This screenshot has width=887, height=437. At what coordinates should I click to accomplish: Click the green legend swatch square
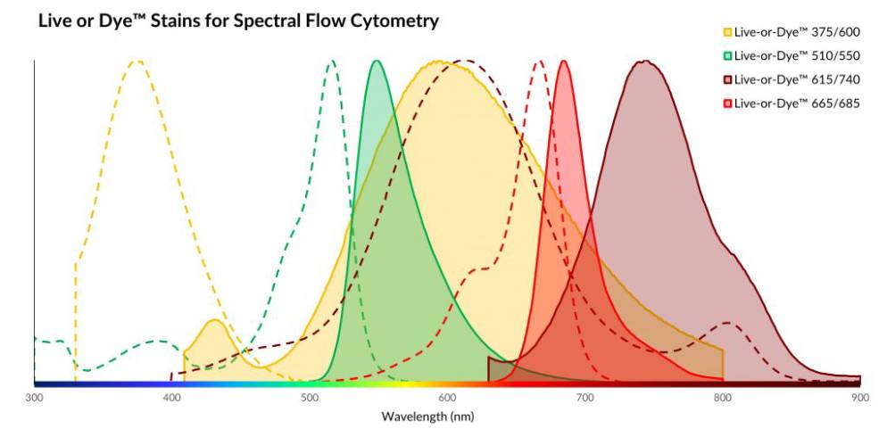pos(727,55)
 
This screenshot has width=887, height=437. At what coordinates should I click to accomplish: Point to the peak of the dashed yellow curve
pos(137,62)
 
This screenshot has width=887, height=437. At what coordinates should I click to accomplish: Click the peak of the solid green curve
pos(377,62)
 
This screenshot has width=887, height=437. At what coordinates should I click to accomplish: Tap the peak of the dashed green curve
pos(332,62)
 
